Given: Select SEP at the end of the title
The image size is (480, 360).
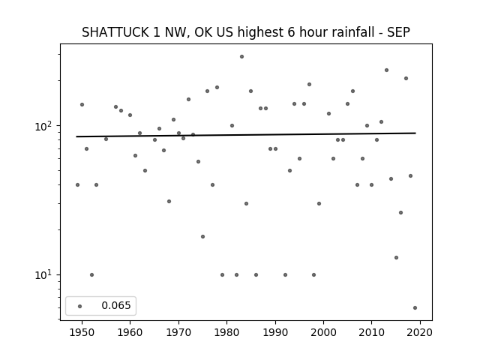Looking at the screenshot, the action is click(398, 32).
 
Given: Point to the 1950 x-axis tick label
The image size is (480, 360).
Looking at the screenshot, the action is click(82, 332).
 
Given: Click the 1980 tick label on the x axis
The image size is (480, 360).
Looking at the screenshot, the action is click(226, 332).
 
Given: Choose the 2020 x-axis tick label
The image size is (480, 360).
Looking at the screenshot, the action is click(420, 332).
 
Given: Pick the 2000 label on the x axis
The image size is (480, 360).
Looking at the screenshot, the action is click(323, 332).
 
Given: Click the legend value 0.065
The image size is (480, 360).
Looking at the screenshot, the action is click(116, 305).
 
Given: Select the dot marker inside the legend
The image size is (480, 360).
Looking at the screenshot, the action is click(80, 306).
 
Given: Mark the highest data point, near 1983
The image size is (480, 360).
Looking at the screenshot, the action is click(241, 57).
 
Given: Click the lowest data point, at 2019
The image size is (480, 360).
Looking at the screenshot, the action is click(415, 308).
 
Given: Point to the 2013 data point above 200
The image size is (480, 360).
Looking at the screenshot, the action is click(387, 70).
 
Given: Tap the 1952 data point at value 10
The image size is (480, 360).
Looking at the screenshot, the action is click(91, 275).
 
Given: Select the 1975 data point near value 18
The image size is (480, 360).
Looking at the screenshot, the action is click(202, 237).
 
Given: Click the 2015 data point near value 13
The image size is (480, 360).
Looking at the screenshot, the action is click(397, 258).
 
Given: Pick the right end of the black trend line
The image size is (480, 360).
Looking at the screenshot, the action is click(415, 133).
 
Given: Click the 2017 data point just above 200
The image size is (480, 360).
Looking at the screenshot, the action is click(406, 78).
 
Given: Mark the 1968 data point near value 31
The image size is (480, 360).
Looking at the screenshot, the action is click(169, 202).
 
